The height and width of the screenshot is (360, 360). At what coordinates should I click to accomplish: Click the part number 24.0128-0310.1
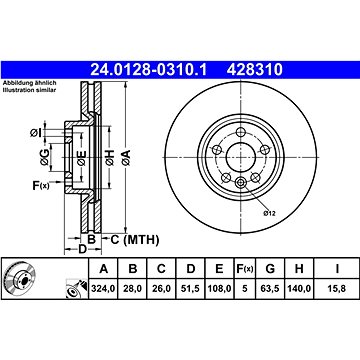tap(149, 70)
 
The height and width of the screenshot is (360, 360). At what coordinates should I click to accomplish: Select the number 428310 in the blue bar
tap(255, 70)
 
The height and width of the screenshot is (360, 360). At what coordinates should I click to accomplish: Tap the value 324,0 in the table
tap(103, 288)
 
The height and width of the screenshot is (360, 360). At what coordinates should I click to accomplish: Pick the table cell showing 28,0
tap(132, 288)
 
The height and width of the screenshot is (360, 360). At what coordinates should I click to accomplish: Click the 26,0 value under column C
tap(161, 288)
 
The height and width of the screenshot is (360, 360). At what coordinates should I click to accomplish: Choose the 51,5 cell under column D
tap(190, 288)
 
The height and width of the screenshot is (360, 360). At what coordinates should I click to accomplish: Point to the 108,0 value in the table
tap(219, 288)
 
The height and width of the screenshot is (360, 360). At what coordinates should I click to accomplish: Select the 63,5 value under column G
tap(270, 288)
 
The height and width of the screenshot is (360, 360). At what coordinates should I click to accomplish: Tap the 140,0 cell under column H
tap(299, 288)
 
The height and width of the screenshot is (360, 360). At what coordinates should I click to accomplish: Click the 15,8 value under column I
tap(337, 288)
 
